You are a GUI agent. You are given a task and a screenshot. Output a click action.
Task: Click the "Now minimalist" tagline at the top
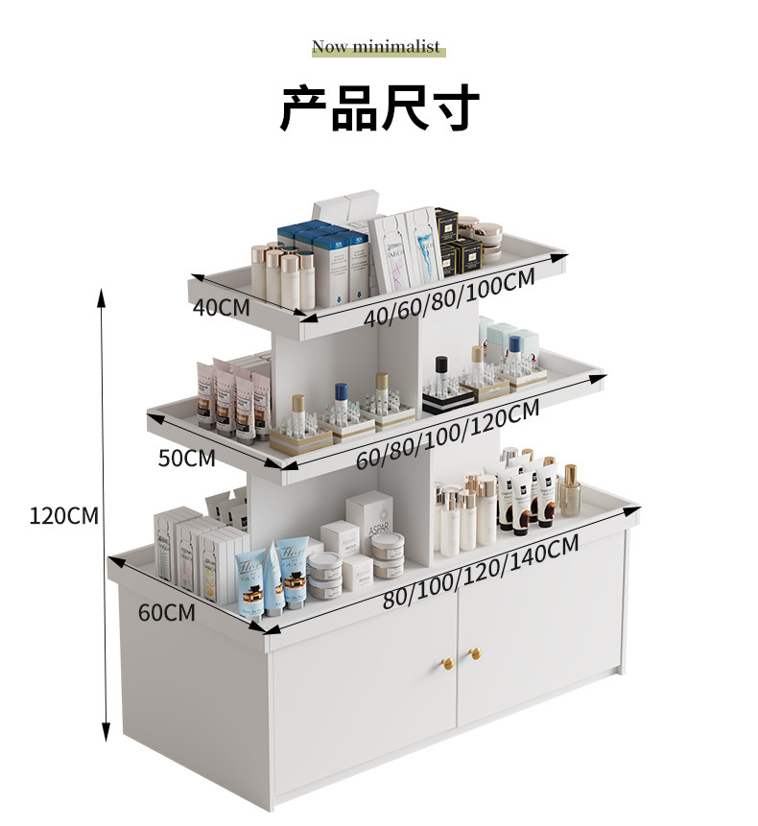pyautogui.click(x=376, y=47)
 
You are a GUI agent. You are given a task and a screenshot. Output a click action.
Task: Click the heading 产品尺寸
pyautogui.click(x=379, y=107)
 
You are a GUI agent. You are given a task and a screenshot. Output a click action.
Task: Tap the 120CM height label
pyautogui.click(x=63, y=516)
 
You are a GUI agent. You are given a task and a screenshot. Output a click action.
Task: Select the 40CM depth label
pyautogui.click(x=221, y=308)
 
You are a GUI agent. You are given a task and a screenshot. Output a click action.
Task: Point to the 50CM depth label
pyautogui.click(x=186, y=458)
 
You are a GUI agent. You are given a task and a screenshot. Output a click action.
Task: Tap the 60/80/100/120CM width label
pyautogui.click(x=447, y=435)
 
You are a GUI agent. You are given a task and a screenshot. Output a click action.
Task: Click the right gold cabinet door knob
pyautogui.click(x=473, y=654)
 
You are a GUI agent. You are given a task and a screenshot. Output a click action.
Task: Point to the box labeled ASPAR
pyautogui.click(x=370, y=523)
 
